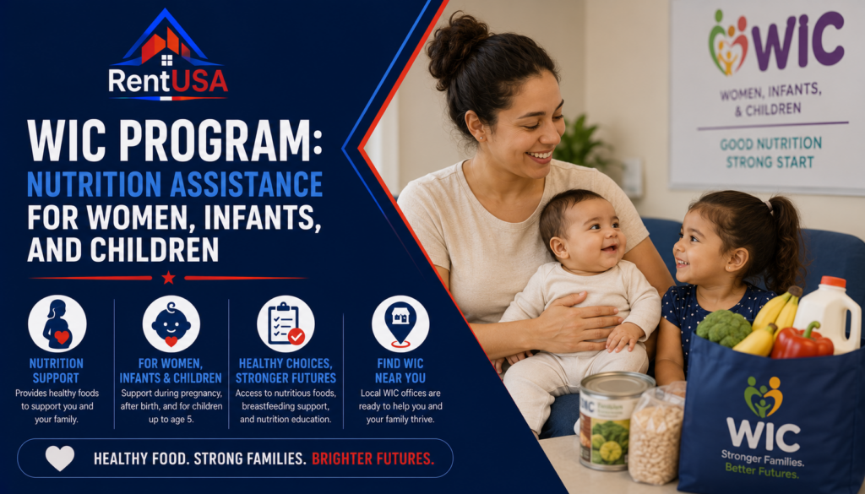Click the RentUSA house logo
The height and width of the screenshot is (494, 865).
point(168,54)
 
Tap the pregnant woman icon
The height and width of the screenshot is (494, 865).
point(57,323)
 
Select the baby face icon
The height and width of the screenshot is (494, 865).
point(171,323)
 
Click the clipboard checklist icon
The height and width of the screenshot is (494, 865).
point(286,323)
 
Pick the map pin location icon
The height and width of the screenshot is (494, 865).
point(400,323)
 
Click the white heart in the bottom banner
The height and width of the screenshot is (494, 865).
point(60,458)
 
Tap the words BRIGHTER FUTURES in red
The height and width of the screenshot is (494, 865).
point(373,459)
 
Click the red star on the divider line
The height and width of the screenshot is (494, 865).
point(168,277)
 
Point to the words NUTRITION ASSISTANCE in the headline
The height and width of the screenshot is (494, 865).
point(175,184)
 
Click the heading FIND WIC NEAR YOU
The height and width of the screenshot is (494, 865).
point(400,371)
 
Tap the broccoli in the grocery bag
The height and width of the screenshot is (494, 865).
point(723,328)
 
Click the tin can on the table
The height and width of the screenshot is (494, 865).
point(608,421)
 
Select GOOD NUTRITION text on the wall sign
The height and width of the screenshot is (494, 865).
point(770,144)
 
